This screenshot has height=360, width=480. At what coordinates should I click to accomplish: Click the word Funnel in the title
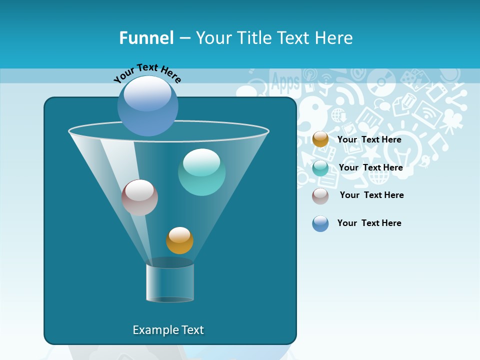coord(146,37)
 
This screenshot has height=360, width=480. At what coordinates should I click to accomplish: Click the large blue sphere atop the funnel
coord(148,106)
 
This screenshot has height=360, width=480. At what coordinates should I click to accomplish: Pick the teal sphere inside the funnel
coord(201,172)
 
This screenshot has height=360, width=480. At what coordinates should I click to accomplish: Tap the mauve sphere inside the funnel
coord(139,197)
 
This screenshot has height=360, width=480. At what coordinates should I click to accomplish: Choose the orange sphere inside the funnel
coord(179,240)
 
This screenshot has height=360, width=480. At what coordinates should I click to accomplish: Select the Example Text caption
coord(168,330)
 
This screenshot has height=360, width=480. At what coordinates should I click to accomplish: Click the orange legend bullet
coord(320,139)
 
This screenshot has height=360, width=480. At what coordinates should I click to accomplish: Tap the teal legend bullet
coord(320,168)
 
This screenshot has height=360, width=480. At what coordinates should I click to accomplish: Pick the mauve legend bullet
coord(320,196)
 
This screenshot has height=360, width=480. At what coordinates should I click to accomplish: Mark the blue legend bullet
coord(320,223)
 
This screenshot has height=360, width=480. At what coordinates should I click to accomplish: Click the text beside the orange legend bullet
coord(369,139)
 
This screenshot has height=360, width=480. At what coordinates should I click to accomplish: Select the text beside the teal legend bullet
coord(370,167)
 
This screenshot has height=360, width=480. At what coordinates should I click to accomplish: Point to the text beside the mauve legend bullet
coord(371,195)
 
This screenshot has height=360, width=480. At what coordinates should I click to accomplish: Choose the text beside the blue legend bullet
coord(369,223)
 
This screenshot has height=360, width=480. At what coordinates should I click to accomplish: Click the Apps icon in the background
coord(286,82)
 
